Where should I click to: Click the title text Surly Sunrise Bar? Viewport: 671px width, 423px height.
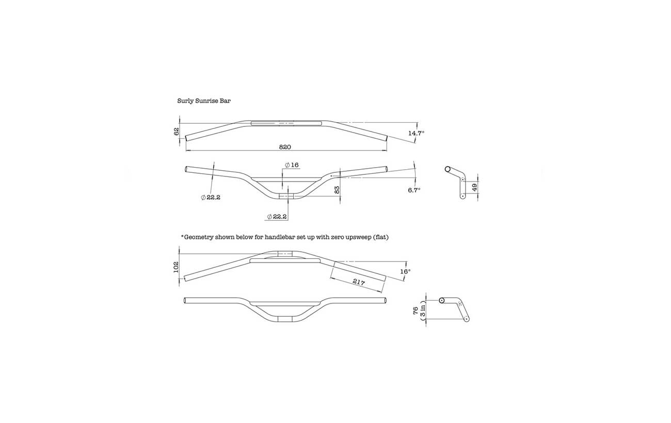tap(204, 101)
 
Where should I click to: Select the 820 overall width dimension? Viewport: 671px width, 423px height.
tap(285, 147)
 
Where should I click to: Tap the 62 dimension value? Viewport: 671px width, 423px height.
tap(176, 131)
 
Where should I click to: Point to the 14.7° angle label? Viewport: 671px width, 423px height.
tap(416, 133)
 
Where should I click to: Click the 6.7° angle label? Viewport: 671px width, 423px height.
tap(414, 190)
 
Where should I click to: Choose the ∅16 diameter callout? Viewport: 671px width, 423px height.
tap(292, 165)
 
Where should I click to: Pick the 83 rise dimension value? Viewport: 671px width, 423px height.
tap(337, 190)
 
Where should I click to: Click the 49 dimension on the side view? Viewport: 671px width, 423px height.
tap(475, 186)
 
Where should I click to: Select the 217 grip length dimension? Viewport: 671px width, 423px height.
tap(359, 282)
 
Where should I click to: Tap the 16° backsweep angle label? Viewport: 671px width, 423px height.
tap(406, 271)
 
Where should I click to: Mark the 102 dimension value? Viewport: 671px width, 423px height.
tap(176, 267)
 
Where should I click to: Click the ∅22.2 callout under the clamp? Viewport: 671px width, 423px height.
tap(277, 217)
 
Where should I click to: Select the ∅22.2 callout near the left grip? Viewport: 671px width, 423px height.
tap(211, 198)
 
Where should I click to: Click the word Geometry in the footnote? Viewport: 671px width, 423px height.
tap(200, 237)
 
